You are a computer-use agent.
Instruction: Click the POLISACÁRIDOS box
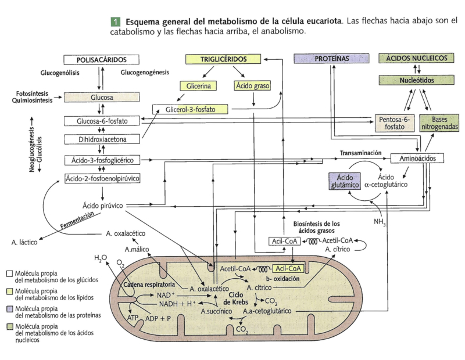[x=102, y=59]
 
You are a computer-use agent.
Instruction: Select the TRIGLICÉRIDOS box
[x=216, y=59]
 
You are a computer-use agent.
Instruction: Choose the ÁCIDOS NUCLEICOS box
[x=417, y=59]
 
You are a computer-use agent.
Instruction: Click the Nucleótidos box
[x=417, y=80]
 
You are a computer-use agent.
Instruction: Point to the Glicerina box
[x=198, y=86]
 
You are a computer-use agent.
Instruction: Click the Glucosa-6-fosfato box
[x=102, y=121]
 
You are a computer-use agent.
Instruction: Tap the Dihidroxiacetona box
[x=102, y=139]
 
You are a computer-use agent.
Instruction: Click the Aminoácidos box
[x=417, y=158]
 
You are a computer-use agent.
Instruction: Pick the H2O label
[x=101, y=257]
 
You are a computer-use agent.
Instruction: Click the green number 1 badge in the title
[x=115, y=21]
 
